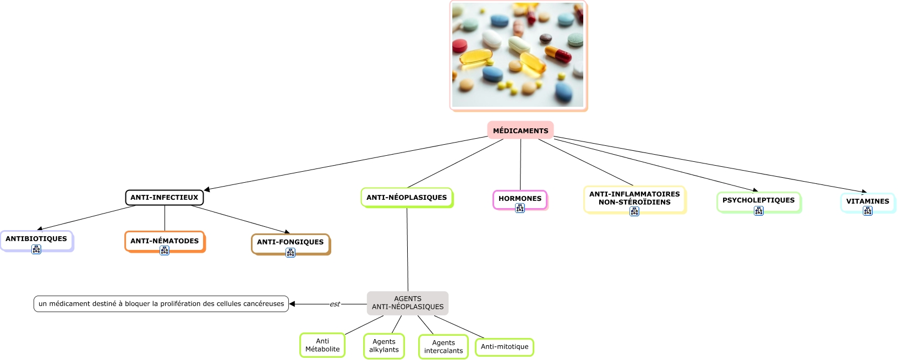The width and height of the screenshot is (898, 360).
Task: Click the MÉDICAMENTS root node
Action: click(520, 130)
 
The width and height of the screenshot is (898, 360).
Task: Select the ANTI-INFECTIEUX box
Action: click(164, 198)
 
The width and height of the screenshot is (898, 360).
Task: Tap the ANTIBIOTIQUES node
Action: click(36, 239)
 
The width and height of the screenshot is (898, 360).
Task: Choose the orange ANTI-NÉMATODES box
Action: click(165, 241)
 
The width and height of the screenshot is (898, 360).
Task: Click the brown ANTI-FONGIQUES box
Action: click(290, 242)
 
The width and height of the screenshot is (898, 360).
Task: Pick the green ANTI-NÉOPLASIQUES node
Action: click(407, 198)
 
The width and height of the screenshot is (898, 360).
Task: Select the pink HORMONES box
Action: click(519, 198)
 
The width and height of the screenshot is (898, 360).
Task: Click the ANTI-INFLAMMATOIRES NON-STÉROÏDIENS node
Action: click(634, 198)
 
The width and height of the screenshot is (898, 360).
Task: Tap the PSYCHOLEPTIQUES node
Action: click(758, 200)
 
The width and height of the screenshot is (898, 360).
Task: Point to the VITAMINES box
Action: click(867, 201)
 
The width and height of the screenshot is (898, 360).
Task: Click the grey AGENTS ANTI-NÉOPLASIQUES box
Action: click(408, 303)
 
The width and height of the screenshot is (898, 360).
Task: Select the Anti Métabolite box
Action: click(322, 345)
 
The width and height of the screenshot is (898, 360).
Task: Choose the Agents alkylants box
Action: click(384, 346)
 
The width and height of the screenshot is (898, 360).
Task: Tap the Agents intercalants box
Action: click(443, 347)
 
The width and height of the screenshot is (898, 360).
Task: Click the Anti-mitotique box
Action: click(505, 347)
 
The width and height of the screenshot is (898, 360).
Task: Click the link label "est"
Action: click(335, 304)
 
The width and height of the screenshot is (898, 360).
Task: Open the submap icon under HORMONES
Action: click(520, 208)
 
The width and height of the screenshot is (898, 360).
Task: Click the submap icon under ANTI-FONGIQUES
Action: click(291, 253)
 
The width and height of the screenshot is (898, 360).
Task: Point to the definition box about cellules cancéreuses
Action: click(161, 304)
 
